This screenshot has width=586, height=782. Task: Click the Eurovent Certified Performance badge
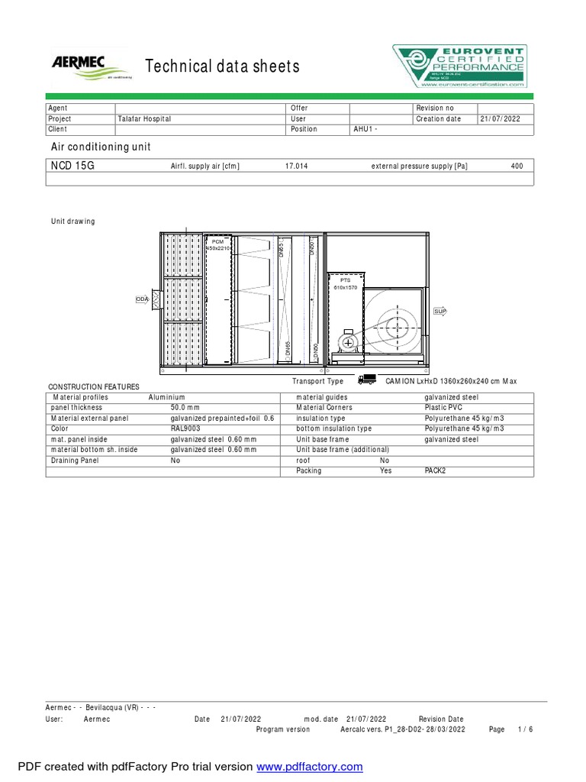pyautogui.click(x=459, y=66)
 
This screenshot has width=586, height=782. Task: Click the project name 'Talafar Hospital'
pyautogui.click(x=144, y=119)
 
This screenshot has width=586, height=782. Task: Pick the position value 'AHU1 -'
pyautogui.click(x=365, y=130)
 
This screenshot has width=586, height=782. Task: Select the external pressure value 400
pyautogui.click(x=517, y=166)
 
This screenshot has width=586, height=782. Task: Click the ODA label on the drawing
pyautogui.click(x=142, y=299)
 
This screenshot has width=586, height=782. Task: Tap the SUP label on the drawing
pyautogui.click(x=439, y=312)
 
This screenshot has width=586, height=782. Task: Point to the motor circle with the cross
pyautogui.click(x=349, y=343)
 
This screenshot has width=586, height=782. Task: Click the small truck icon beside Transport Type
pyautogui.click(x=367, y=380)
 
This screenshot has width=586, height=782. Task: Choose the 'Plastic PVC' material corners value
pyautogui.click(x=443, y=408)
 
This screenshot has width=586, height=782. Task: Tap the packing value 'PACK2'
pyautogui.click(x=435, y=471)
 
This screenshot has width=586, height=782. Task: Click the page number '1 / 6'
pyautogui.click(x=525, y=729)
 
